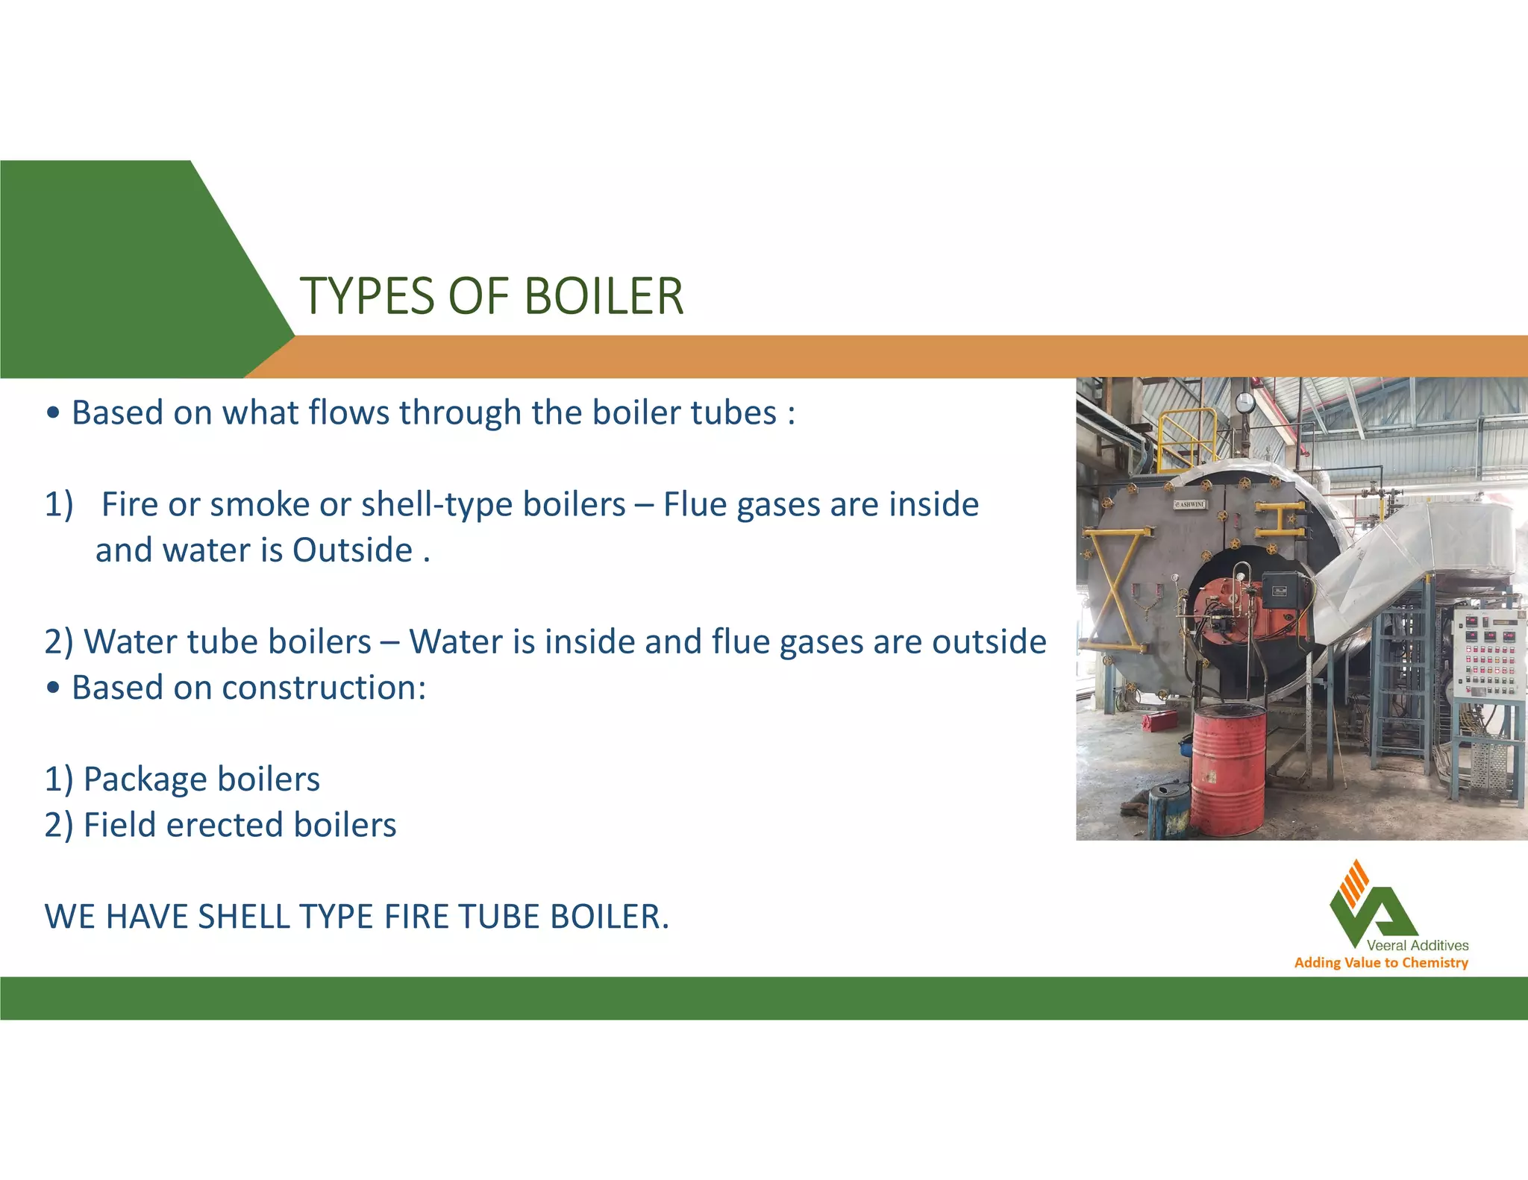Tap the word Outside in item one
pyautogui.click(x=352, y=550)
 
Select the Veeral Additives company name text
pyautogui.click(x=1417, y=945)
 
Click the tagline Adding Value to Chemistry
pyautogui.click(x=1381, y=963)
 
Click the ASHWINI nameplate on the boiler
pyautogui.click(x=1189, y=504)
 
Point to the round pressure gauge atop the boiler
pyautogui.click(x=1244, y=403)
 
